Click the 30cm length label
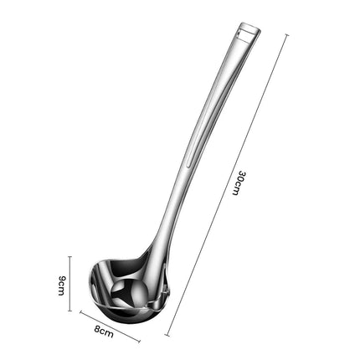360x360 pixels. pos(239,183)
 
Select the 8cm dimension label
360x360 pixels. pos(104,332)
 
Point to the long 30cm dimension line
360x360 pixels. pos(228,184)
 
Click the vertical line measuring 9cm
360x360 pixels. pos(70,284)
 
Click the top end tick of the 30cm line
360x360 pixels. pos(287,35)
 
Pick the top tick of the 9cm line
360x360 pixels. pos(70,257)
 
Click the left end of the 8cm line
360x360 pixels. pos(81,313)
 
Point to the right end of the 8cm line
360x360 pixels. pos(139,342)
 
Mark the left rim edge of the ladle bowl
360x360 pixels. pos(93,280)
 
